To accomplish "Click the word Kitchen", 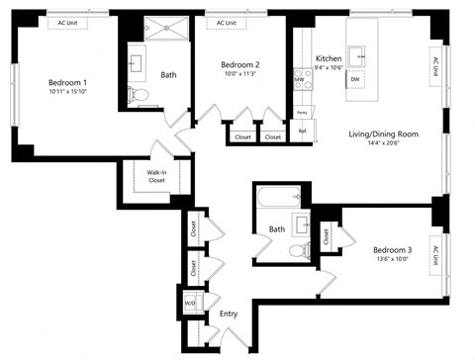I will coord(329,58).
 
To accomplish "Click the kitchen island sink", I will coord(361,54).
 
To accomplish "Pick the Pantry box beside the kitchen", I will coord(302,114).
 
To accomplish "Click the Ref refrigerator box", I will coord(303,131).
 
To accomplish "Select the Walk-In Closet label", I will coord(156,177).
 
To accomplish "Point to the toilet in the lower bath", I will coord(297,251).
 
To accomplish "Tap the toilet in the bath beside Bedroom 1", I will coord(140,96).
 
